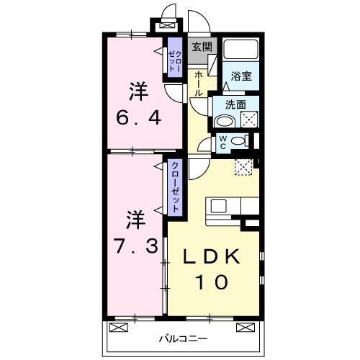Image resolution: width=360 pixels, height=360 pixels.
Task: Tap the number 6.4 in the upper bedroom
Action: pyautogui.click(x=138, y=114)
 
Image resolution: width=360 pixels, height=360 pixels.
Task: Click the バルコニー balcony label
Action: pyautogui.click(x=184, y=338)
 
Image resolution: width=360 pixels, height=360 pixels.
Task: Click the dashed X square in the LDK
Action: pyautogui.click(x=243, y=167)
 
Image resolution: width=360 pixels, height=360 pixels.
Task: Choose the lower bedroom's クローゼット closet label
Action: pyautogui.click(x=175, y=185)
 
